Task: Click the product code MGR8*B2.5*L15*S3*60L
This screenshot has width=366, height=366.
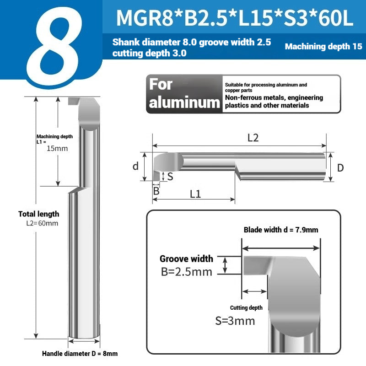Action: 235,18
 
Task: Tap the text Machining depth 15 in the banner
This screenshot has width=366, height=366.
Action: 323,46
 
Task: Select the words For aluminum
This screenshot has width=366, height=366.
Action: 184,94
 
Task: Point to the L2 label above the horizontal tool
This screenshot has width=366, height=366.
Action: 253,138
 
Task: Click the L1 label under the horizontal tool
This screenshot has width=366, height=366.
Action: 195,194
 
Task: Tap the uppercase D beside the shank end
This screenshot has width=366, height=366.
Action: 340,168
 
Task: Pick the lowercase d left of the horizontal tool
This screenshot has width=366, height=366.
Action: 135,166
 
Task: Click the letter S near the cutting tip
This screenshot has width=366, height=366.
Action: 170,177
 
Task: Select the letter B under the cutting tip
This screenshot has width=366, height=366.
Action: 156,191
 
